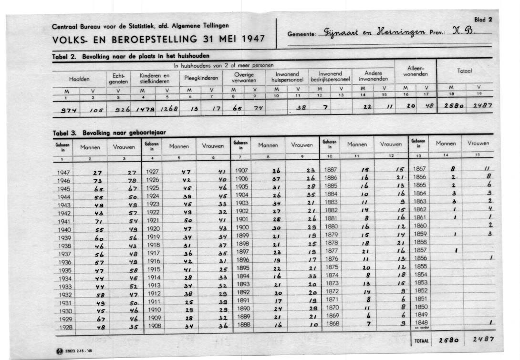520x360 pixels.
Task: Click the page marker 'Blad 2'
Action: click(x=483, y=20)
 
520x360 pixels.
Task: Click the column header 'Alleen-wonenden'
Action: click(x=415, y=72)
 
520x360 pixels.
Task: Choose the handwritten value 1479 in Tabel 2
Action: click(x=147, y=108)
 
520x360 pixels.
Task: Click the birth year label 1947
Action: click(x=63, y=173)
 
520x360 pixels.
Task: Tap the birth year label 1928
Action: click(x=64, y=328)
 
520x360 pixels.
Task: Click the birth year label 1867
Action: click(x=420, y=169)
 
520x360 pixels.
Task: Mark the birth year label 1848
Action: click(x=420, y=323)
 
